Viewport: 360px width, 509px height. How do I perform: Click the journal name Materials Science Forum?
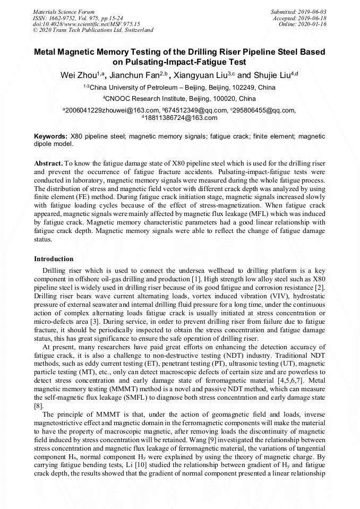(64, 11)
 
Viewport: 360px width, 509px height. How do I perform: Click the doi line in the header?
(86, 24)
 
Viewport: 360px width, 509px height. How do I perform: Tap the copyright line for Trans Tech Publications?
(93, 30)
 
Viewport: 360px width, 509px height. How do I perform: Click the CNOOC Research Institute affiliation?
(179, 99)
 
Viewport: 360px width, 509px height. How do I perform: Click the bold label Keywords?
(50, 136)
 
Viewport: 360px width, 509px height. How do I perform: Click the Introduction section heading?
(54, 259)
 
